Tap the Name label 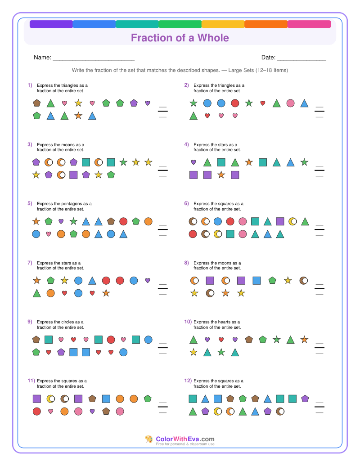[42, 58]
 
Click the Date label [269, 58]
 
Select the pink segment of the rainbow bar [309, 24]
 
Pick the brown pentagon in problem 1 [37, 103]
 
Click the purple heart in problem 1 [148, 103]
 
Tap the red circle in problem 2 [235, 103]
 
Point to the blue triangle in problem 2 [304, 103]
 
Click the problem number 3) [30, 144]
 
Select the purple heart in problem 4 [193, 162]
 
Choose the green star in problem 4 [304, 162]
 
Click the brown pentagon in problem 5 [111, 221]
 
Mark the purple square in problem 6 [280, 221]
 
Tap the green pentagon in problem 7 [51, 280]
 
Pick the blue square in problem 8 [256, 280]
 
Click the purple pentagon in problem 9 [61, 352]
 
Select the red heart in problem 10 [221, 340]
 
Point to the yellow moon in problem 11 [51, 399]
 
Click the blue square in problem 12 [218, 399]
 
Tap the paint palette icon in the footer [148, 439]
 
